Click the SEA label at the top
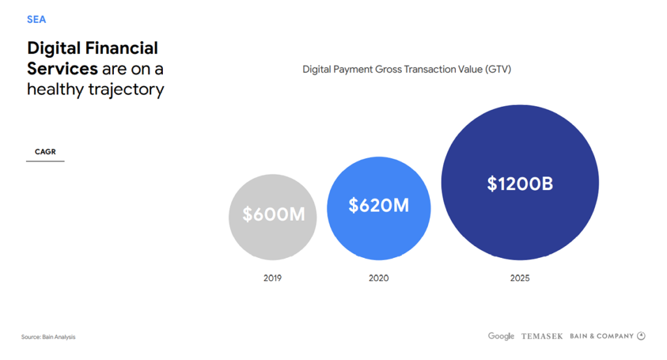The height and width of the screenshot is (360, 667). [36, 20]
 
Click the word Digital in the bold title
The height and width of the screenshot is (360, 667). [54, 48]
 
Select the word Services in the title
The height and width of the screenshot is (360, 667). [62, 68]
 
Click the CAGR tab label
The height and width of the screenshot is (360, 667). [45, 152]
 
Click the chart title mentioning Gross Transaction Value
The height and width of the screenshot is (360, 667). [406, 69]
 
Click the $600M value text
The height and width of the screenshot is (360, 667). [274, 214]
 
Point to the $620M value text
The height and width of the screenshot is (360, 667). [378, 206]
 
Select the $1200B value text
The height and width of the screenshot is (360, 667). [520, 184]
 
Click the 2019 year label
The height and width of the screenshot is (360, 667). [272, 278]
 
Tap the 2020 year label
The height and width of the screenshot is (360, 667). [378, 278]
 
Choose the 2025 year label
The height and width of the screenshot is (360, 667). [520, 278]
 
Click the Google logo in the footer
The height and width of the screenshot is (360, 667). [501, 336]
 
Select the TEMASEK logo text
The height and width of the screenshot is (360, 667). [541, 337]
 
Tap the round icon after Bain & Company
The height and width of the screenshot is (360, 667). [641, 336]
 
